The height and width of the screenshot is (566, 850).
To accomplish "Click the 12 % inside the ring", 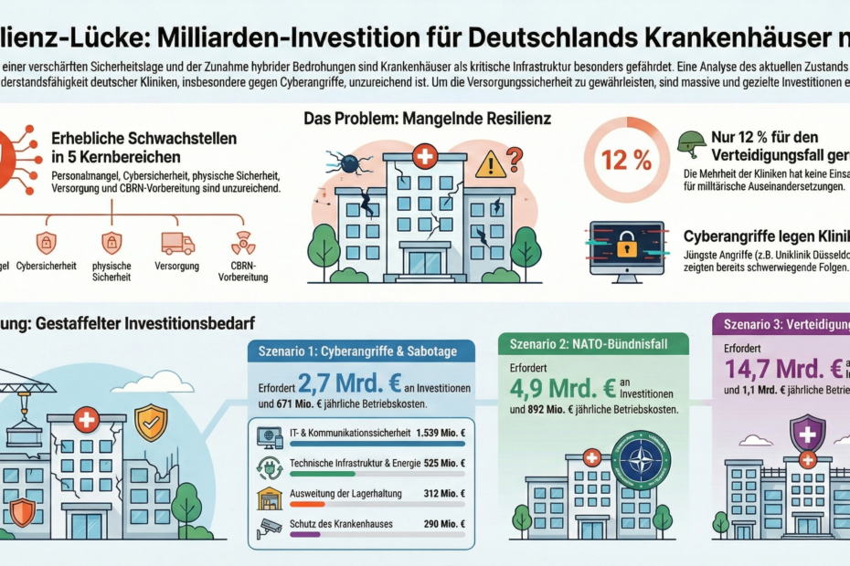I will [626, 160].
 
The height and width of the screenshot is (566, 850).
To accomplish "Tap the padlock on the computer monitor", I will [626, 244].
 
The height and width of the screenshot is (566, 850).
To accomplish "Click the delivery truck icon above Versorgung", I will [177, 243].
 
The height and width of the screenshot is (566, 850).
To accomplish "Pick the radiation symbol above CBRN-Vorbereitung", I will [244, 243].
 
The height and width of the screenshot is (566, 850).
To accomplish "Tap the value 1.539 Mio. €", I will [441, 434].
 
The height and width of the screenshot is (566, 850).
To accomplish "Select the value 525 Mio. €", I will [445, 463].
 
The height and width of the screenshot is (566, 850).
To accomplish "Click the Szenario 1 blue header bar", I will [361, 351].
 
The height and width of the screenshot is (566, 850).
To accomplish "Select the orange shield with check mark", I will [151, 423].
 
